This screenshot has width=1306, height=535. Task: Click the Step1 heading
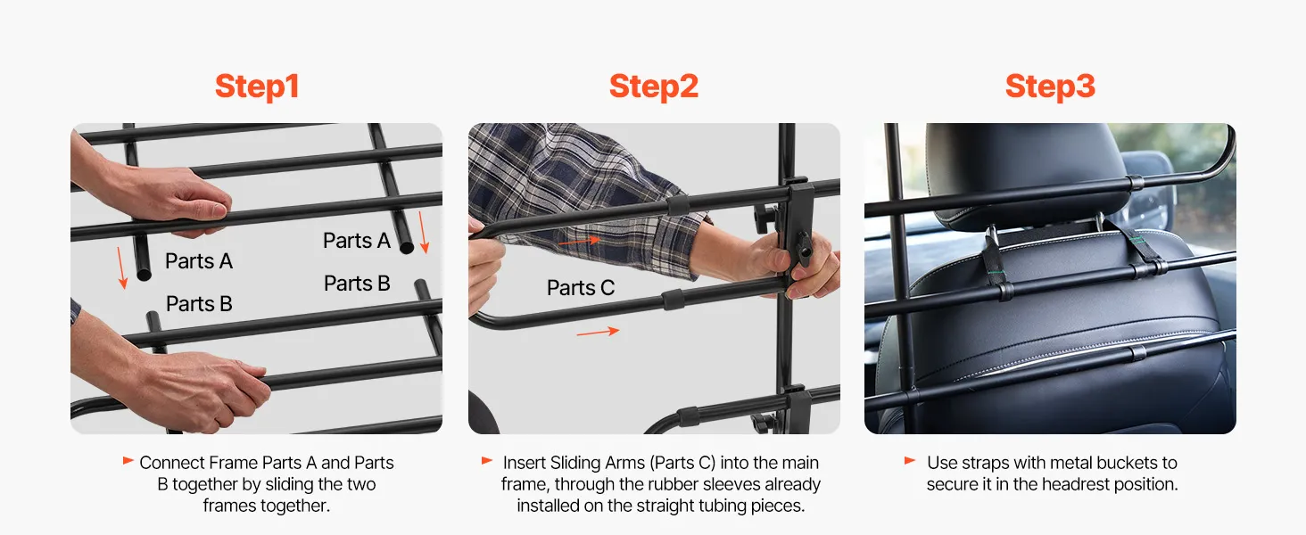[x=257, y=86]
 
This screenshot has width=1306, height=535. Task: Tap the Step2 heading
[x=654, y=86]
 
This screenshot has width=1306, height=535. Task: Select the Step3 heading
[x=1050, y=86]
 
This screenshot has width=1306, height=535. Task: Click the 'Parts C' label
[x=581, y=287]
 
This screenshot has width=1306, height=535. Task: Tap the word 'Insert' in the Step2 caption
[x=525, y=463]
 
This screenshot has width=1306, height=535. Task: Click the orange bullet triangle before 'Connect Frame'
[x=128, y=461]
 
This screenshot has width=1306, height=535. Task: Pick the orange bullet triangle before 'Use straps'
[x=910, y=461]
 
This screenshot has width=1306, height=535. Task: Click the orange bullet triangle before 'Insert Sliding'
[x=487, y=461]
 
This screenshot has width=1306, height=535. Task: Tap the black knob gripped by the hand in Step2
[x=804, y=250]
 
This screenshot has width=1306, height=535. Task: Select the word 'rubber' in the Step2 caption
[x=677, y=484]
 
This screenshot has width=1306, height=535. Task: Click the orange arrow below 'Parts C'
[x=598, y=333]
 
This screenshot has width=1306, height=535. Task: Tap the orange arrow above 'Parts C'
[x=580, y=241]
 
